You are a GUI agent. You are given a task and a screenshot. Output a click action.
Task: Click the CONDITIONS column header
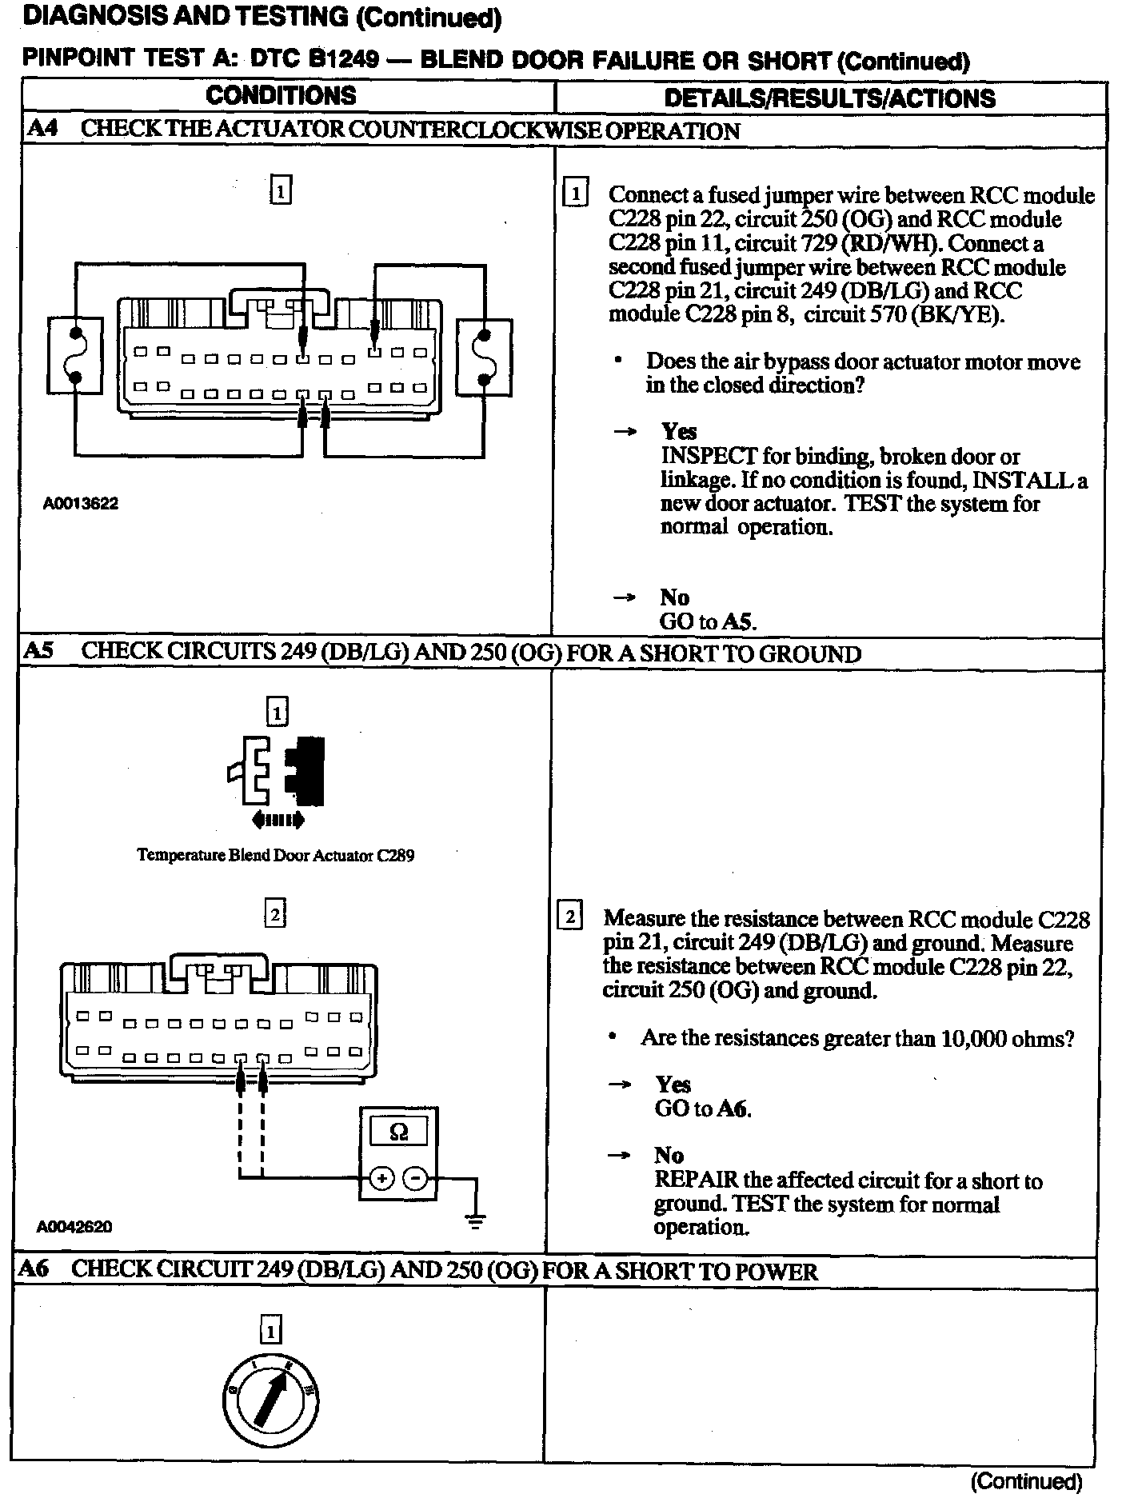281,96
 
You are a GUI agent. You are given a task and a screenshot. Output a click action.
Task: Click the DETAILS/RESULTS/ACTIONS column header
829,98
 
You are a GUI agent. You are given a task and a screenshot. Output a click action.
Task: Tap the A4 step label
42,129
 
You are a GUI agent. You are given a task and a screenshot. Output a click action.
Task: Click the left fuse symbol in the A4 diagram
75,355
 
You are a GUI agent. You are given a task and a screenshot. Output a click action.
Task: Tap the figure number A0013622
81,504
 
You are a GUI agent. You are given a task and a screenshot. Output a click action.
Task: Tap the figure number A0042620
74,1226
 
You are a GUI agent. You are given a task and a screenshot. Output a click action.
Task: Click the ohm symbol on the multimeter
398,1132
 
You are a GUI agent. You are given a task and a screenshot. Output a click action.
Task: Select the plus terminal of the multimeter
381,1178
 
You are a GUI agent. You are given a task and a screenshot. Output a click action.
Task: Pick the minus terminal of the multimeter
414,1178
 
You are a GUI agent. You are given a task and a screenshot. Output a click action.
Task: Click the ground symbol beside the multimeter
476,1221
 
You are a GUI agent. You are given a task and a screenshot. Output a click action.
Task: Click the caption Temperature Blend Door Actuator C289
276,855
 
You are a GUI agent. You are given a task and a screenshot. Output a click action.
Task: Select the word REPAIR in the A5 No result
696,1180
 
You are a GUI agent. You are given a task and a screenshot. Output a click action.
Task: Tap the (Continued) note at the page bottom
1026,1482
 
